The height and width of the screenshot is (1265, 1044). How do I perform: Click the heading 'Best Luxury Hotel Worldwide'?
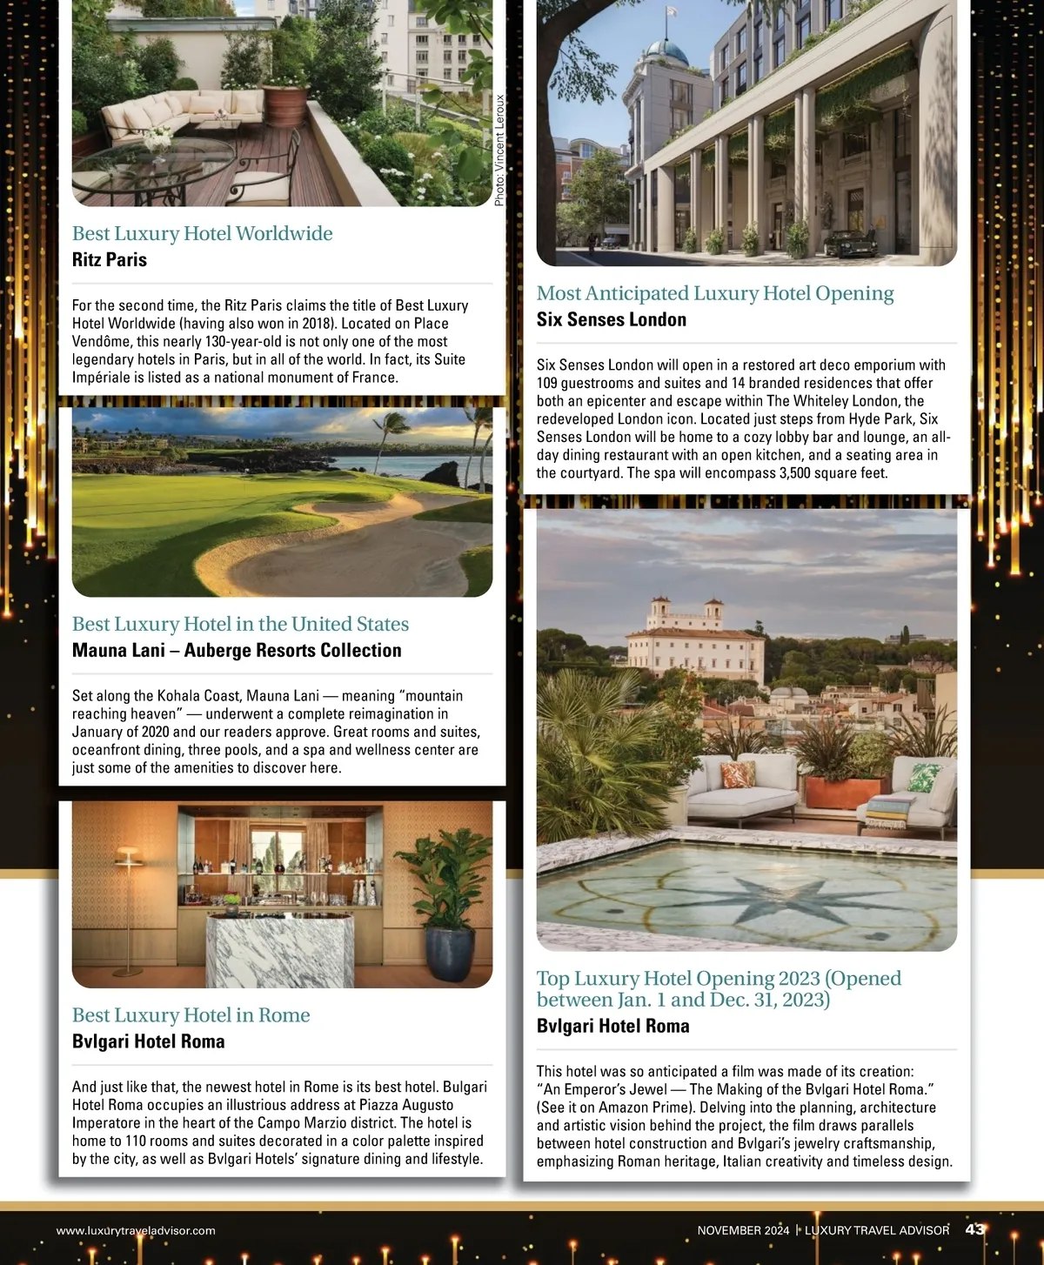202,233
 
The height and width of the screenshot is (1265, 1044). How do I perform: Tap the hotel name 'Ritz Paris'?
110,259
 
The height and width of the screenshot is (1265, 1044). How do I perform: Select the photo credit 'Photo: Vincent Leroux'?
499,151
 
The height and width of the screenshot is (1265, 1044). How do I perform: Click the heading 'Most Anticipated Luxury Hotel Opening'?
715,293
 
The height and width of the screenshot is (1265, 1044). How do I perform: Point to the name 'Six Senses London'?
612,319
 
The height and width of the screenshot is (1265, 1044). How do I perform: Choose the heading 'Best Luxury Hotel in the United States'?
240,624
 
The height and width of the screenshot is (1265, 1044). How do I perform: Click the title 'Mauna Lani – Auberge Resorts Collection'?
237,650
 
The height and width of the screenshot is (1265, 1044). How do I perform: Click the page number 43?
974,1228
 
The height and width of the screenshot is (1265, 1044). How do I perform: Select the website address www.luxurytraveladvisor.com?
136,1230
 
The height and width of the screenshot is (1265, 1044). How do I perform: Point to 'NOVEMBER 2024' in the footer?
743,1230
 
